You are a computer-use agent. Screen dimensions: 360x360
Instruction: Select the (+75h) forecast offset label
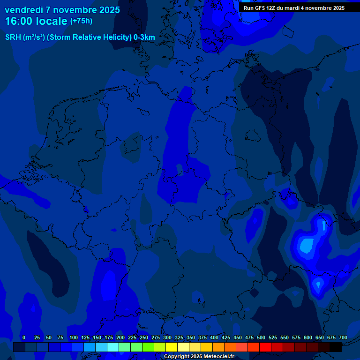81,21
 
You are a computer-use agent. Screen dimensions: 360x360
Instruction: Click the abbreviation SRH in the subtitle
13,37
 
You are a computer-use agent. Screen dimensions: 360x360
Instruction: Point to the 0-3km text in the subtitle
144,37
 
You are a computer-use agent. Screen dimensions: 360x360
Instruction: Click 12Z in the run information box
272,8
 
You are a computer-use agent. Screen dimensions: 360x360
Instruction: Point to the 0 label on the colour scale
24,338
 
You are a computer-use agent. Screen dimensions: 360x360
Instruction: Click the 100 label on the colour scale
74,338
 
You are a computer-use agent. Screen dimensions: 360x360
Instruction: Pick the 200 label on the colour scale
120,338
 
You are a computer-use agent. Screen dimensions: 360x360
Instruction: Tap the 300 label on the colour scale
167,338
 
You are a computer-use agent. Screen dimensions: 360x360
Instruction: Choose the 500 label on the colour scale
261,338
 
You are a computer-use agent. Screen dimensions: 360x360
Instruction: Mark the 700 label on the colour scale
343,338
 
